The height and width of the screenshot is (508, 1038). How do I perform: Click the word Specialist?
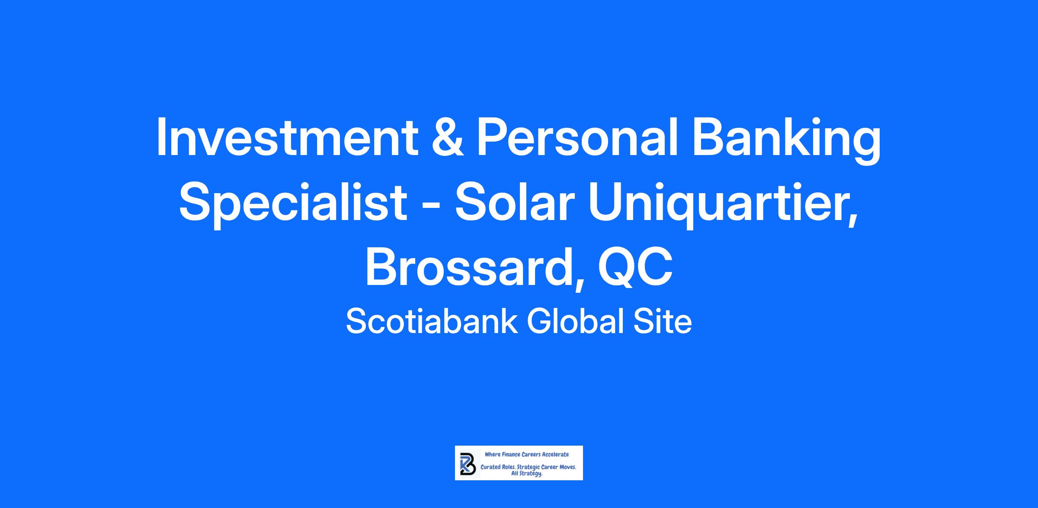click(293, 204)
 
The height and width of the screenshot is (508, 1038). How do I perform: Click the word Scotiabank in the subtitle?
click(432, 321)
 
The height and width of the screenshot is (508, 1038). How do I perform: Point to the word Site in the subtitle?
click(663, 321)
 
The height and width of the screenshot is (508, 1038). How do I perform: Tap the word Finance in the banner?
click(510, 454)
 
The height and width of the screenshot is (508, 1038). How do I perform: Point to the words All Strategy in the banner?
click(527, 474)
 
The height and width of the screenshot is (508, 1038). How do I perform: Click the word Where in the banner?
click(492, 454)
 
